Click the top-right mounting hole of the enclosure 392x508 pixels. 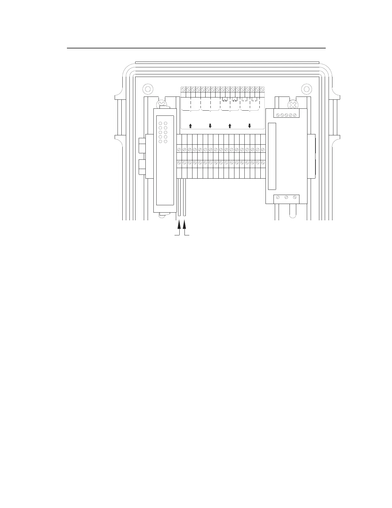pos(306,89)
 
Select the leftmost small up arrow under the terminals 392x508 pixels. pos(190,126)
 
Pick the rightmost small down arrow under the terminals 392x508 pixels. pos(249,126)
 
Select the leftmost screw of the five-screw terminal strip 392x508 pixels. pos(278,114)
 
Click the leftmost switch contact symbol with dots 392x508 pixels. pos(225,100)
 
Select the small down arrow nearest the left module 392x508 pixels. pos(210,126)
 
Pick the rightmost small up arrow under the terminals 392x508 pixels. pos(230,126)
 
